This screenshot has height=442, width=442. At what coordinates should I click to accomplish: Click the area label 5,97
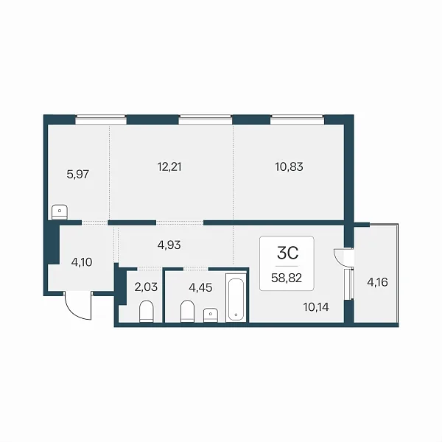[x=78, y=174]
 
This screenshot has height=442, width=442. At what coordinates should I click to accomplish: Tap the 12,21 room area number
[x=169, y=167]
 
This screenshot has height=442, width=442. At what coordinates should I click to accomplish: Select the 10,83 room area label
[x=290, y=167]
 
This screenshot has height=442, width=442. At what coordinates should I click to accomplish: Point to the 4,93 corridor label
[x=169, y=245]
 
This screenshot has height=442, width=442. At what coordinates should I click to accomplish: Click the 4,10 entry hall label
[x=82, y=262]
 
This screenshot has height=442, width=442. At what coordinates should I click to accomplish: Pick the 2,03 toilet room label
[x=146, y=287]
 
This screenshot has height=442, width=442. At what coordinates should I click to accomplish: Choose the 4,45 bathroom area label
[x=200, y=288]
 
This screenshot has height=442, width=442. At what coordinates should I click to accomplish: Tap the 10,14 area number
[x=316, y=307]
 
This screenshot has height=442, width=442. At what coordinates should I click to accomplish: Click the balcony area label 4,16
[x=377, y=282]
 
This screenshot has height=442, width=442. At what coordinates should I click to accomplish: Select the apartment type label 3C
[x=287, y=253]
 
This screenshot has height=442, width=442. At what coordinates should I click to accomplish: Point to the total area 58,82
[x=287, y=278]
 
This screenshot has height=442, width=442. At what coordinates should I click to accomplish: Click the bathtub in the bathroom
[x=236, y=299]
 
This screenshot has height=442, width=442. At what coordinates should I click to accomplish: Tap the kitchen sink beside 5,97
[x=60, y=212]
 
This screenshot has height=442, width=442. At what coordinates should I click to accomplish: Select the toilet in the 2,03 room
[x=147, y=311]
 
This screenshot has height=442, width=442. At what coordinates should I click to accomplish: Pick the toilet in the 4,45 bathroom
[x=187, y=311]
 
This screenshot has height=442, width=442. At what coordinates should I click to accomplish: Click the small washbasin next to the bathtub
[x=211, y=315]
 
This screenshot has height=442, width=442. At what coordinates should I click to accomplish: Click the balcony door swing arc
[x=341, y=257]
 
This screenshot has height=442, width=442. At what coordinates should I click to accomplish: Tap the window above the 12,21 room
[x=206, y=119]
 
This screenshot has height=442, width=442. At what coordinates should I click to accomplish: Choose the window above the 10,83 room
[x=298, y=119]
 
